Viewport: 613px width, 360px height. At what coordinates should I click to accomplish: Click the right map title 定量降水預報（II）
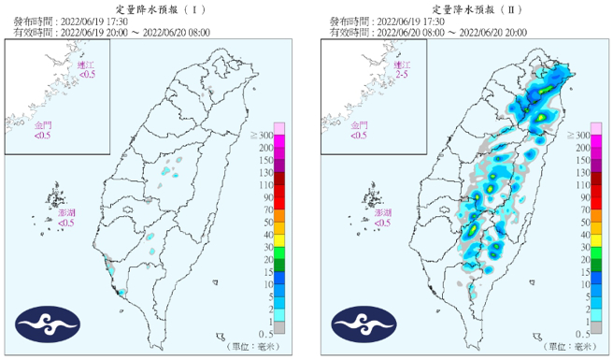[x=473, y=7]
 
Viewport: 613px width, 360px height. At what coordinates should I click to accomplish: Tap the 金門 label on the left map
[x=44, y=125]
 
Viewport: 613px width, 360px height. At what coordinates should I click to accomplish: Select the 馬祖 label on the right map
[x=401, y=65]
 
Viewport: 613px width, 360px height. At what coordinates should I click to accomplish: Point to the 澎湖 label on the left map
[x=66, y=213]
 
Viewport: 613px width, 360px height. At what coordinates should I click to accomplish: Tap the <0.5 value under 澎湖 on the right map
[x=382, y=223]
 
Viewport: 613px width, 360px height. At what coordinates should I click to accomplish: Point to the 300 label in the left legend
[x=264, y=136]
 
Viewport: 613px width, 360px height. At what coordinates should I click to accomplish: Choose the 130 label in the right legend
[x=581, y=172]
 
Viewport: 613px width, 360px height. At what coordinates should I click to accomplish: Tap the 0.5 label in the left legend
[x=265, y=333]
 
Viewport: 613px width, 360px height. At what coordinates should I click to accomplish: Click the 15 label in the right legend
[x=581, y=271]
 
